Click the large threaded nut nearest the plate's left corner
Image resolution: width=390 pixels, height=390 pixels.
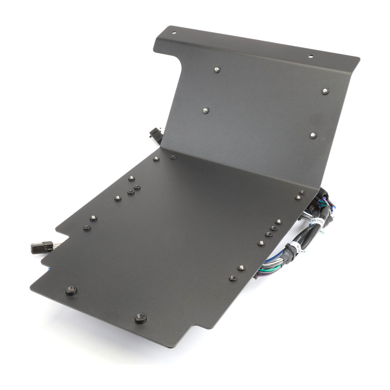pos(71,290)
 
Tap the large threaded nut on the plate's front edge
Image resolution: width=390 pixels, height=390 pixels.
pos(140,318)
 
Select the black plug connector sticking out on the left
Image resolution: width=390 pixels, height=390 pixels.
pos(42,247)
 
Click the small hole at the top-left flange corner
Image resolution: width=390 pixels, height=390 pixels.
pos(174,32)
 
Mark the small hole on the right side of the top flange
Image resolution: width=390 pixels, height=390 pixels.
pos(311,56)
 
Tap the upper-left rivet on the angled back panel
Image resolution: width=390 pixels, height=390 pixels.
pos(217,70)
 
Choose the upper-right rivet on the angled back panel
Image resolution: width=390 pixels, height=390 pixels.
pos(325,91)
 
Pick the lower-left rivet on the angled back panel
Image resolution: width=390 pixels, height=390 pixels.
pos(205,110)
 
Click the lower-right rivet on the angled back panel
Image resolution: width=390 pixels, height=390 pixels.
pos(313,135)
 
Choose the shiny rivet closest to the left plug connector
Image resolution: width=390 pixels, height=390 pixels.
pos(93,218)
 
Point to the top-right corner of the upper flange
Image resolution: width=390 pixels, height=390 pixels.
pos(359,58)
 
